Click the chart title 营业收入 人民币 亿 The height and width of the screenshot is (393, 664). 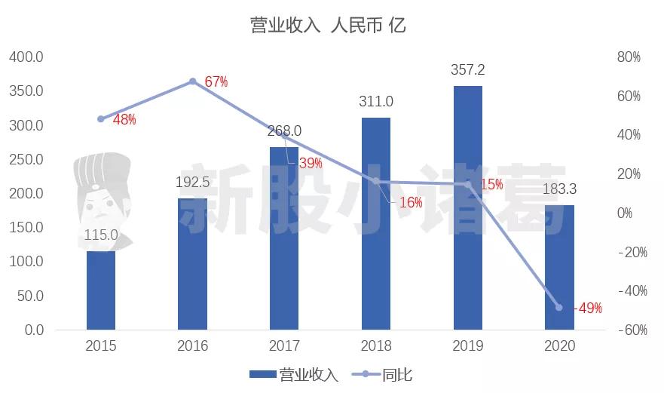click(x=328, y=25)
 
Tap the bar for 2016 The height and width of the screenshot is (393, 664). click(x=192, y=264)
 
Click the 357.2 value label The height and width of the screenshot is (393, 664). click(x=467, y=69)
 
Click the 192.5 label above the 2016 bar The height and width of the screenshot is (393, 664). click(x=192, y=183)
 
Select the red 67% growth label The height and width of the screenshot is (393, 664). click(x=216, y=82)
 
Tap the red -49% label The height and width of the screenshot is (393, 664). click(x=588, y=308)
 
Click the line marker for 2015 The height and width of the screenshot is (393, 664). click(x=101, y=119)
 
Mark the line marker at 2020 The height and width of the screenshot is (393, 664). click(x=558, y=308)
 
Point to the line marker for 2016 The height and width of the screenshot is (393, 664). click(x=192, y=81)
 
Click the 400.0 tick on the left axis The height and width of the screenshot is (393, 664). click(x=26, y=57)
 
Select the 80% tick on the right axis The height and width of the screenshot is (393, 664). click(x=628, y=57)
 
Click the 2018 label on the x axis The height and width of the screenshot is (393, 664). click(x=375, y=347)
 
